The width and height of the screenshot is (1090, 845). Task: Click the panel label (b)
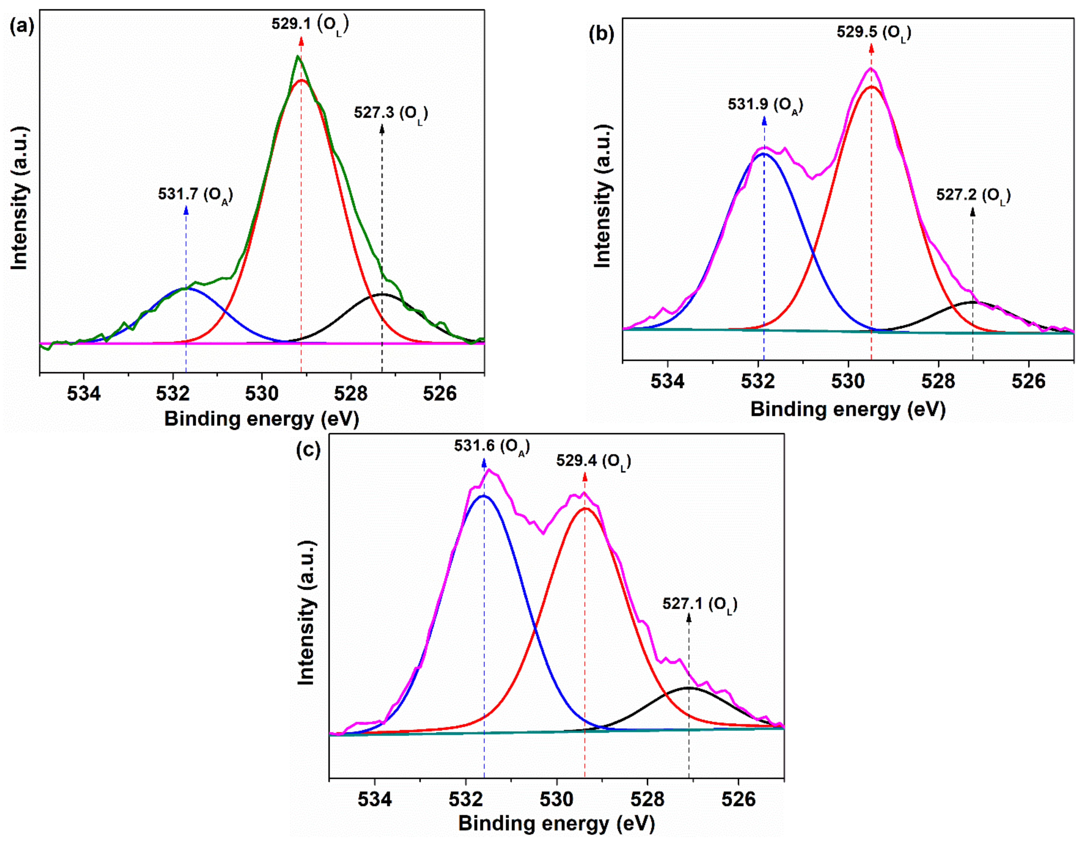coord(601,34)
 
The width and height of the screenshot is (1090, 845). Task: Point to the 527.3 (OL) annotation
coord(391,113)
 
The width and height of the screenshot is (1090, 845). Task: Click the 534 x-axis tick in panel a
coord(84,393)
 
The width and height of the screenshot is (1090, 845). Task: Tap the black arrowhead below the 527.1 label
coord(689,618)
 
